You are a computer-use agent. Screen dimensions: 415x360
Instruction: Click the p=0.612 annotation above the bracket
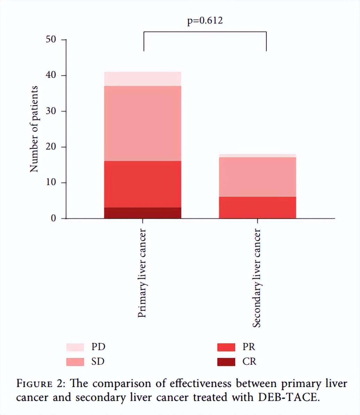tap(205, 21)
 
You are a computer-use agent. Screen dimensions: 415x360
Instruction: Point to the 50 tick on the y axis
tap(51, 39)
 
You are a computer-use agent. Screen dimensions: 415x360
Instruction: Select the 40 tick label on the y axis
tap(51, 76)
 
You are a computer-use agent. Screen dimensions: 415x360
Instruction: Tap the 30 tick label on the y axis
tap(51, 111)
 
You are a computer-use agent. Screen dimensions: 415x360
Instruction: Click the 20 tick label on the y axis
tap(51, 147)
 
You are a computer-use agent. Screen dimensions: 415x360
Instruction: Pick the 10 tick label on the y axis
tap(51, 183)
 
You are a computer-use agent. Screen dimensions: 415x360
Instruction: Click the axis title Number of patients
tap(34, 129)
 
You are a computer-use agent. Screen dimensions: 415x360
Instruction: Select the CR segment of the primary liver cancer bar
tap(142, 213)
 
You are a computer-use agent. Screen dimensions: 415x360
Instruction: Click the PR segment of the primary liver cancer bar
tap(142, 184)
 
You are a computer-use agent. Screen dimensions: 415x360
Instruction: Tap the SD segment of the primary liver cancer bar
tap(142, 123)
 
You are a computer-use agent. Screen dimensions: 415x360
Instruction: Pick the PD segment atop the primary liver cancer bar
tap(142, 79)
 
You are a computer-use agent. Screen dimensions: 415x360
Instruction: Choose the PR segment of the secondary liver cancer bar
tap(257, 207)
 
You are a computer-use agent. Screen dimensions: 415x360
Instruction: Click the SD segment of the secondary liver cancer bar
tap(257, 177)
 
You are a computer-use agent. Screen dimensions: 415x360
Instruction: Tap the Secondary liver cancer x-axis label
tap(257, 278)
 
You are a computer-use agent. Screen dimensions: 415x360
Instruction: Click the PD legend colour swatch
tap(75, 347)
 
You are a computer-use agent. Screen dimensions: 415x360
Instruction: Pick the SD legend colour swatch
tap(75, 362)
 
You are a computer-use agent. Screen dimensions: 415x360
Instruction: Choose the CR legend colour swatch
tap(226, 362)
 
